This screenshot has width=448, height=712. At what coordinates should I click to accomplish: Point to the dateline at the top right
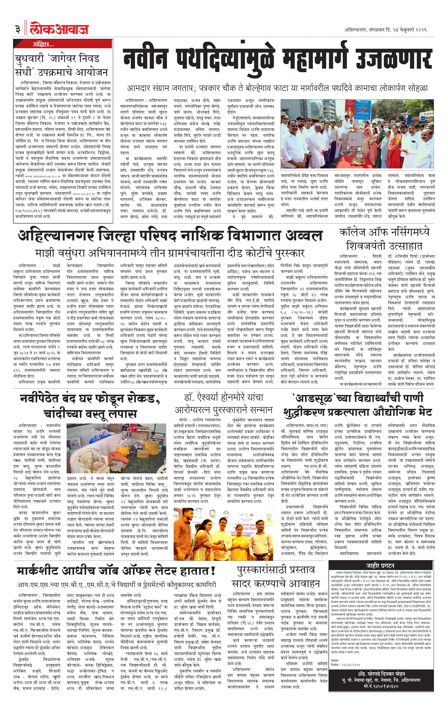tap(385, 30)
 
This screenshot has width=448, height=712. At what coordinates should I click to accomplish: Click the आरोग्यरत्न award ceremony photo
tap(224, 533)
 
